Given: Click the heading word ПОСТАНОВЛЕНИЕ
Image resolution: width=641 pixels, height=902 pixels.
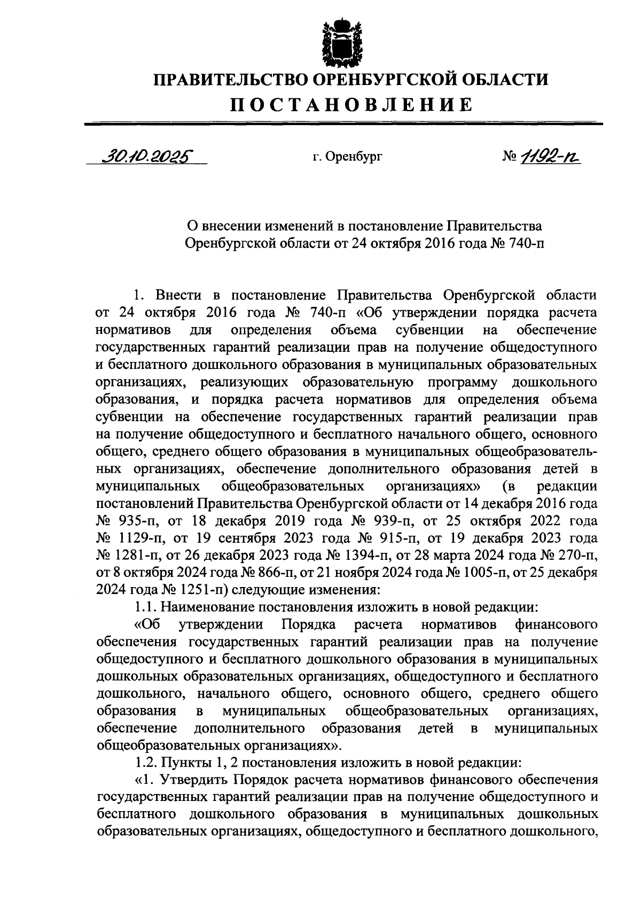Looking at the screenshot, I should (x=351, y=104).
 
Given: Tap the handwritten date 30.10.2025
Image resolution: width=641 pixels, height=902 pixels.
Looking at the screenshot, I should (x=145, y=156).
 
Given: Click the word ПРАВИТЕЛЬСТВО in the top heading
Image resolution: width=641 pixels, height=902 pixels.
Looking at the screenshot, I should (x=231, y=80).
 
